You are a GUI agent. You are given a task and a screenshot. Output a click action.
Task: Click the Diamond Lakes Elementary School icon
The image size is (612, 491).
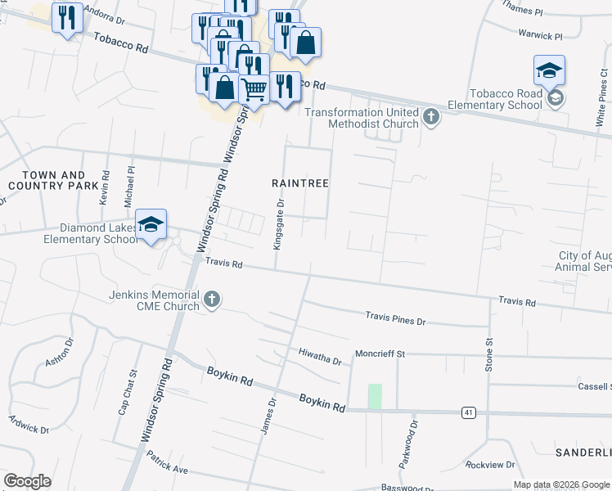pos(151,227)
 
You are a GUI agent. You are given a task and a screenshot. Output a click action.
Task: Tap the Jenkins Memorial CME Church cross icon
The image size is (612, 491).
pos(212,299)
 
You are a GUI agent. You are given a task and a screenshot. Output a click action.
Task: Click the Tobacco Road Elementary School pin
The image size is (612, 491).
pos(549,71)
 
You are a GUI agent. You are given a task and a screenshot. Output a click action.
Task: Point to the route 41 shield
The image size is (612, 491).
pos(468,411)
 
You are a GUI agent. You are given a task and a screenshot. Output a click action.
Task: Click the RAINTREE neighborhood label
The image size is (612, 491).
pos(300,183)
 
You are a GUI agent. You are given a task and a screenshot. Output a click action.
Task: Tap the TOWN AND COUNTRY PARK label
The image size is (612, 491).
pos(53,181)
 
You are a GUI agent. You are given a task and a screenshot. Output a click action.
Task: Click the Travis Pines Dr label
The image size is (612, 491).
pos(396,317)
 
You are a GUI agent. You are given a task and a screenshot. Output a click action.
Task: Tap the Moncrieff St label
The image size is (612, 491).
pos(380,354)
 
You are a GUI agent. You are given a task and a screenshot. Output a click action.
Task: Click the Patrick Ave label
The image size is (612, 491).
pos(169,463)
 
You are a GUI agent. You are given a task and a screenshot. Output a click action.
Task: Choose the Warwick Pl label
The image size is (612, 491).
pos(541,36)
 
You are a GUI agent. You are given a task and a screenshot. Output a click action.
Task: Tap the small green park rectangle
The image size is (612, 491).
pos(375,396)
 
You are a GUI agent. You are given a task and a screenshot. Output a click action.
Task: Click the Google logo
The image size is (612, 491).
pos(27,481)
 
